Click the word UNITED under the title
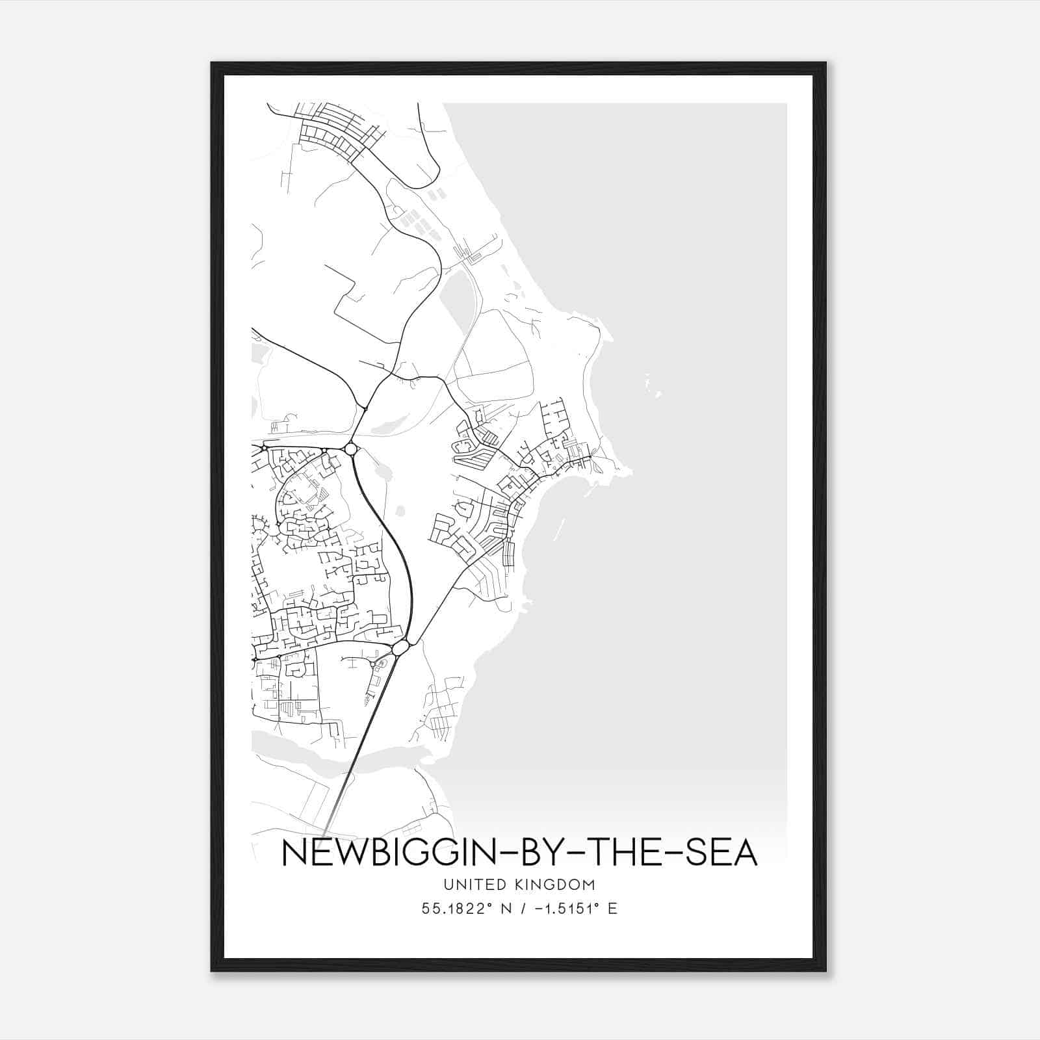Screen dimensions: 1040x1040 pos(469,884)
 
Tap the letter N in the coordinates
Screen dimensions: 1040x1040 pos(503,909)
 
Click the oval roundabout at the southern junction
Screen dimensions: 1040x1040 pos(400,647)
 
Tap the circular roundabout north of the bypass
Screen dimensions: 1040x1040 pos(351,449)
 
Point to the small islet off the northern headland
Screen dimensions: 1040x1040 pos(657,394)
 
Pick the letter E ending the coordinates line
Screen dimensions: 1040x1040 pos(612,909)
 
